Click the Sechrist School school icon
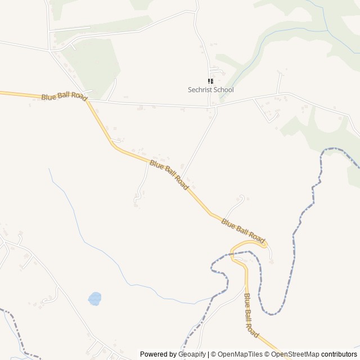[x=211, y=82]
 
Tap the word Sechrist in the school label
[x=200, y=90]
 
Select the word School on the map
[x=224, y=90]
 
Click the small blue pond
[x=94, y=298]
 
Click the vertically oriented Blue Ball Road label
[x=251, y=316]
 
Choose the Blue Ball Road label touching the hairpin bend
[x=243, y=231]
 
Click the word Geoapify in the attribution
[x=192, y=354]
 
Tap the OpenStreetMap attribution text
[x=295, y=354]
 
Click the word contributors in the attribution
[x=339, y=354]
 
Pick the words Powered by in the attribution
[x=158, y=354]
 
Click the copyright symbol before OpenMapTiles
[x=214, y=354]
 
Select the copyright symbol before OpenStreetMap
[x=268, y=354]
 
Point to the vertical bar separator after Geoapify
[x=208, y=354]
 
